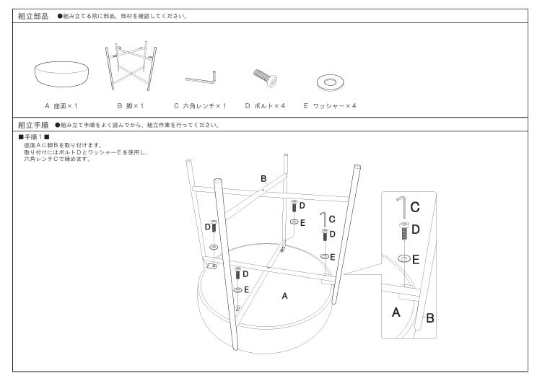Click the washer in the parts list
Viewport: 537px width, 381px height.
330,82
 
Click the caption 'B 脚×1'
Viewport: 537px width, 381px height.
130,106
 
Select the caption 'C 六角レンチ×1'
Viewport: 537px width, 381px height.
200,106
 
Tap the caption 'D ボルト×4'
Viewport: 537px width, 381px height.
265,106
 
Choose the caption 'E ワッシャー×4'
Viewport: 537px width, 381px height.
330,106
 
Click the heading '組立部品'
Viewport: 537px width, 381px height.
32,16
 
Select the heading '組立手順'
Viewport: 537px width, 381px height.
32,125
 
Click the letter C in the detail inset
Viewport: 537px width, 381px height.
415,207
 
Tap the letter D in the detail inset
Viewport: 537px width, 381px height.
415,230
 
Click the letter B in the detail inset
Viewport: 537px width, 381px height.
429,316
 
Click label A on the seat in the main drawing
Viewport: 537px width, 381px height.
284,296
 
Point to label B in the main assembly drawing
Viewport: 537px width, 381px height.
263,178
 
